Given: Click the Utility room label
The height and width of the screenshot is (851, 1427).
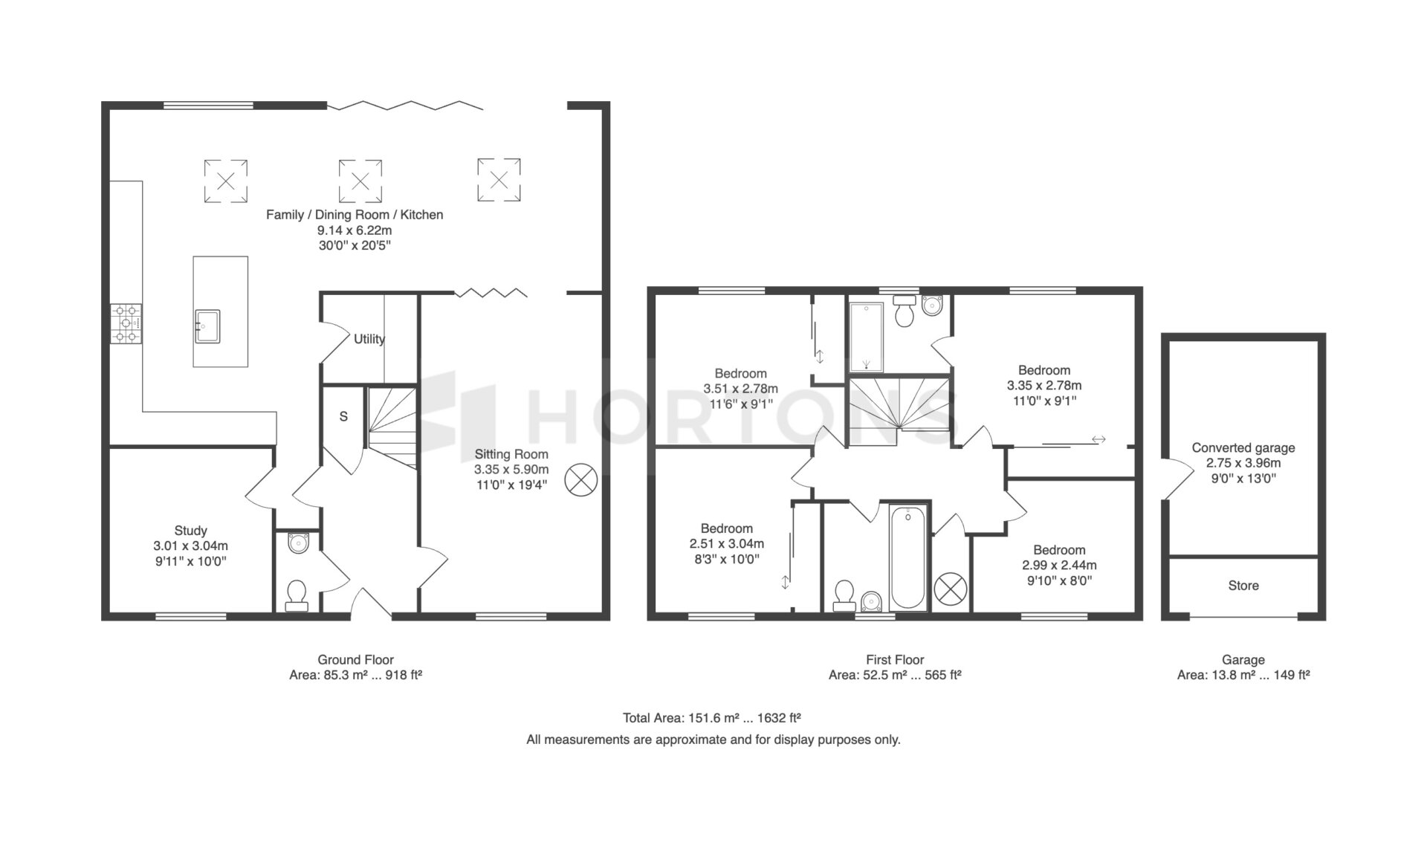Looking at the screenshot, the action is pos(369,339).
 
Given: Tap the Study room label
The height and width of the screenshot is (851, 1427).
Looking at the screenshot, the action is pos(191,531).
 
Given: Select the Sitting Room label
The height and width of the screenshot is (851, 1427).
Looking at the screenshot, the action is pos(511,454).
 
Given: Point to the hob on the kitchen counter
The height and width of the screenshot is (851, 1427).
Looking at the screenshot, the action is pos(126,324).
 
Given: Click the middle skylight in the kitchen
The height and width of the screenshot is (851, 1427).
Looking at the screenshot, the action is pos(360,181).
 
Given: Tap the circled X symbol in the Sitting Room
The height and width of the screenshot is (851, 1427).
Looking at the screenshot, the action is pos(581,480).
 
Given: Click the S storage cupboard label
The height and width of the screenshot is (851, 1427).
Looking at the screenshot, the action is pos(343,417).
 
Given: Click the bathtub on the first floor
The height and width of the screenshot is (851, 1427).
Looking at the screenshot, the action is pos(908,557).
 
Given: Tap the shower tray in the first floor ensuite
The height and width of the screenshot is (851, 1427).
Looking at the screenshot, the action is pos(867,337).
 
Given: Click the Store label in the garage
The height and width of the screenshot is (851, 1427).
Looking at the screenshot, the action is pos(1243,586).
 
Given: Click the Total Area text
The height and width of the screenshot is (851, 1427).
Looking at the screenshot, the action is pos(712,718).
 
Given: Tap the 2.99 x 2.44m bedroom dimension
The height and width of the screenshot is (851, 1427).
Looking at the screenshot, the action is pos(1059,565).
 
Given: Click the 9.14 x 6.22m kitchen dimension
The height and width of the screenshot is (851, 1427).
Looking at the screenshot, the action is pos(355,230).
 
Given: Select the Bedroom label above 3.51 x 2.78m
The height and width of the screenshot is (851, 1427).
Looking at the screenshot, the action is pos(740,373).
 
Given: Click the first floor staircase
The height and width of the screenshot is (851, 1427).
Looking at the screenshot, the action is pos(900,412).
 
